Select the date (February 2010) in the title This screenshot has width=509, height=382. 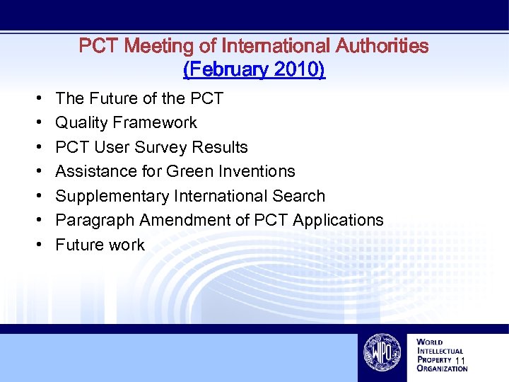point(254,70)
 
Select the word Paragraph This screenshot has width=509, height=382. point(95,221)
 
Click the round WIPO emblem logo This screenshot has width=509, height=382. point(381,352)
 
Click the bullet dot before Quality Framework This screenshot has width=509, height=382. point(37,123)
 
